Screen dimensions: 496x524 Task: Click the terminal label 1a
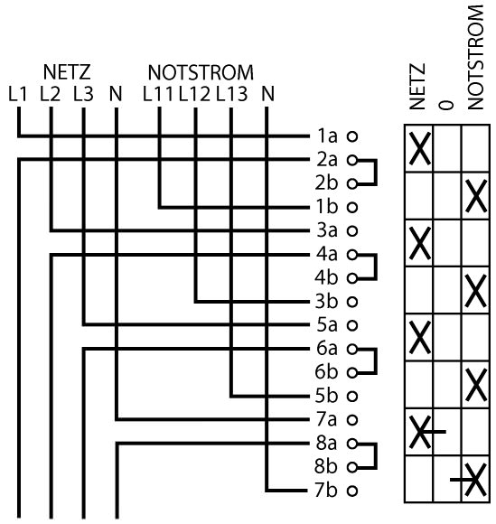click(327, 136)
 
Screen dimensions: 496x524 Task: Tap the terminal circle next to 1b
click(352, 207)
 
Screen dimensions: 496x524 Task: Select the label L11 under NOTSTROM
click(158, 94)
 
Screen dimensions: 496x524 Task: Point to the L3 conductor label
click(83, 94)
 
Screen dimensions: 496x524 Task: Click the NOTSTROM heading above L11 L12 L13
click(201, 72)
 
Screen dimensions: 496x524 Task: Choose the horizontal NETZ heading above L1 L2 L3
click(67, 72)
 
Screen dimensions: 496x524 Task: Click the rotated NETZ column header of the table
click(417, 87)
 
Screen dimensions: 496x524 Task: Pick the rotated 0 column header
click(445, 105)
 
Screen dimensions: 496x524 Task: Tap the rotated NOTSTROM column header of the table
click(475, 57)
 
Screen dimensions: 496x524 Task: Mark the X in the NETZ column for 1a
click(420, 149)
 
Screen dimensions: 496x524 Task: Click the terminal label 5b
click(326, 396)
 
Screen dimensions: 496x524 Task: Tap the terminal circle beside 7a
click(352, 420)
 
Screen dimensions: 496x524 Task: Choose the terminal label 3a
click(327, 230)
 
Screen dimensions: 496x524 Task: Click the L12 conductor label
click(195, 94)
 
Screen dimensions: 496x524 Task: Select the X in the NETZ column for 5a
click(420, 338)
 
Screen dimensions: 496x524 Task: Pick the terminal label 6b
click(326, 372)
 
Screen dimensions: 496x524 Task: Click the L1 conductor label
click(17, 94)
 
